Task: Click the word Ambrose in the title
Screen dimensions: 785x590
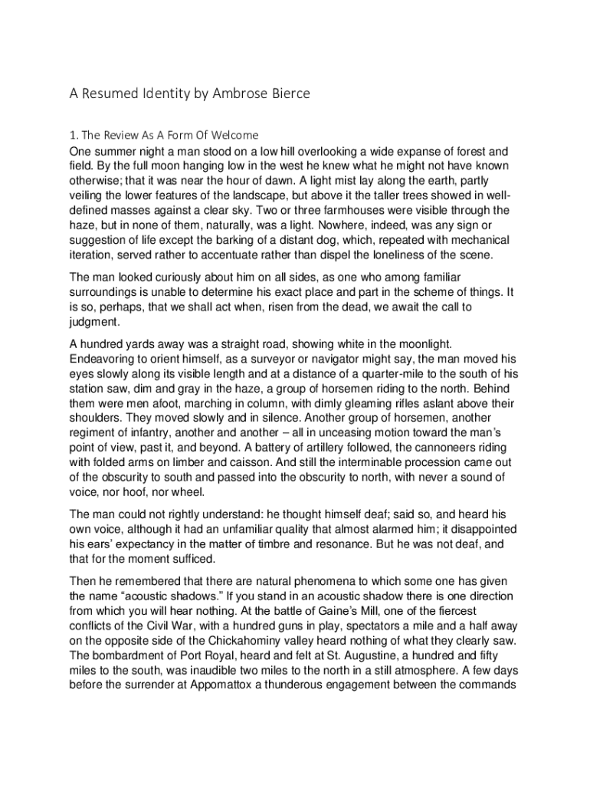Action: (233, 94)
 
